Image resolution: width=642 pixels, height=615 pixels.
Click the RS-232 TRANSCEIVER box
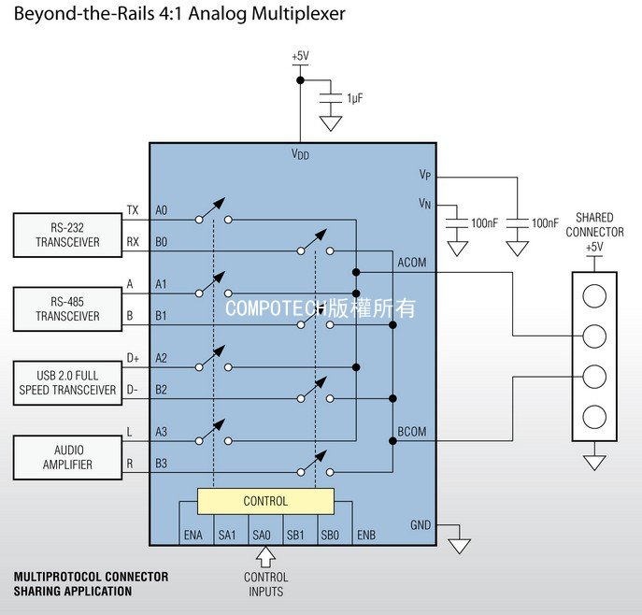[67, 235]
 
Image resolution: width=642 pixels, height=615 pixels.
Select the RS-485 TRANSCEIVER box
[67, 309]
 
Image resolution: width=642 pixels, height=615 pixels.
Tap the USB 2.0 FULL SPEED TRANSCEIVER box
[67, 383]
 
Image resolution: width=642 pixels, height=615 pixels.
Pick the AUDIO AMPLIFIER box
[67, 457]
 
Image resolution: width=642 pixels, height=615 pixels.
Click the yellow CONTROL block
[265, 501]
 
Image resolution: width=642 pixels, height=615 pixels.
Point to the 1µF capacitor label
[354, 98]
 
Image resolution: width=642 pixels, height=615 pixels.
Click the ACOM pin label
[412, 262]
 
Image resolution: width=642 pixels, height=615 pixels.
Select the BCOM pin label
[412, 432]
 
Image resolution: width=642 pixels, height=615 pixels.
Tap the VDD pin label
[300, 154]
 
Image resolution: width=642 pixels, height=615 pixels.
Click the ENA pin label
[193, 536]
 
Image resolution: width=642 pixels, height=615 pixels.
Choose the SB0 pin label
[330, 536]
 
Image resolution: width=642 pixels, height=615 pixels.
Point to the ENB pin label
[366, 536]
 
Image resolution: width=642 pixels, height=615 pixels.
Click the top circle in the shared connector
[594, 295]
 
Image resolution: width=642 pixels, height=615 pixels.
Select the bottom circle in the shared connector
[594, 417]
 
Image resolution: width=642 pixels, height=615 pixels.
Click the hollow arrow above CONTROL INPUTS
[265, 557]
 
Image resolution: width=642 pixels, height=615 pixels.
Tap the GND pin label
[421, 525]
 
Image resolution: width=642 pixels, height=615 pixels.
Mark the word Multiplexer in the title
[298, 13]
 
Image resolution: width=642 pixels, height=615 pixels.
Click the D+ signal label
[133, 358]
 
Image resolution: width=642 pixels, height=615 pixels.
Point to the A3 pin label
[162, 432]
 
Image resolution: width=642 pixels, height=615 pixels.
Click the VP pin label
[425, 175]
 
